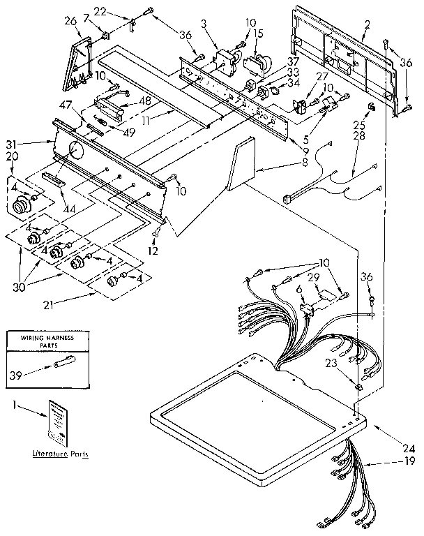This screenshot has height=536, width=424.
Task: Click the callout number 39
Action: pos(15,375)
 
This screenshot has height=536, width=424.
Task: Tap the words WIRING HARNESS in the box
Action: pos(49,338)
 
